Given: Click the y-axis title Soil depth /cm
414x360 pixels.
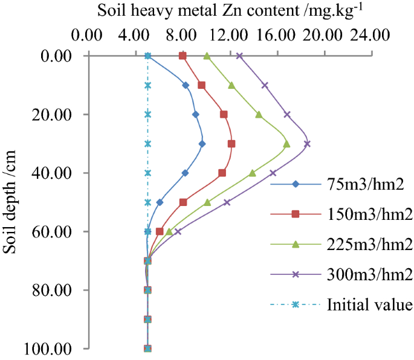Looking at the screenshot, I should [x=10, y=203].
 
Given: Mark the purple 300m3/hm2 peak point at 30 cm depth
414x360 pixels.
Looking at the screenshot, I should [x=307, y=144].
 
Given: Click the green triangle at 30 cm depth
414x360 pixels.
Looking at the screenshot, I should [x=286, y=144].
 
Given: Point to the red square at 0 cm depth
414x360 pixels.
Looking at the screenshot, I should [x=183, y=56].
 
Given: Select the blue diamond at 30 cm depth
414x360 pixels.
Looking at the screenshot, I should [x=202, y=144].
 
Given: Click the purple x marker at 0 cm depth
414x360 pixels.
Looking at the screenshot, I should [x=239, y=56].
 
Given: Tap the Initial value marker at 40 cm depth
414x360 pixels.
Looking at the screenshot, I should [x=147, y=173].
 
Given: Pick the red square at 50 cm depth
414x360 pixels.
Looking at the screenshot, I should [x=183, y=202].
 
